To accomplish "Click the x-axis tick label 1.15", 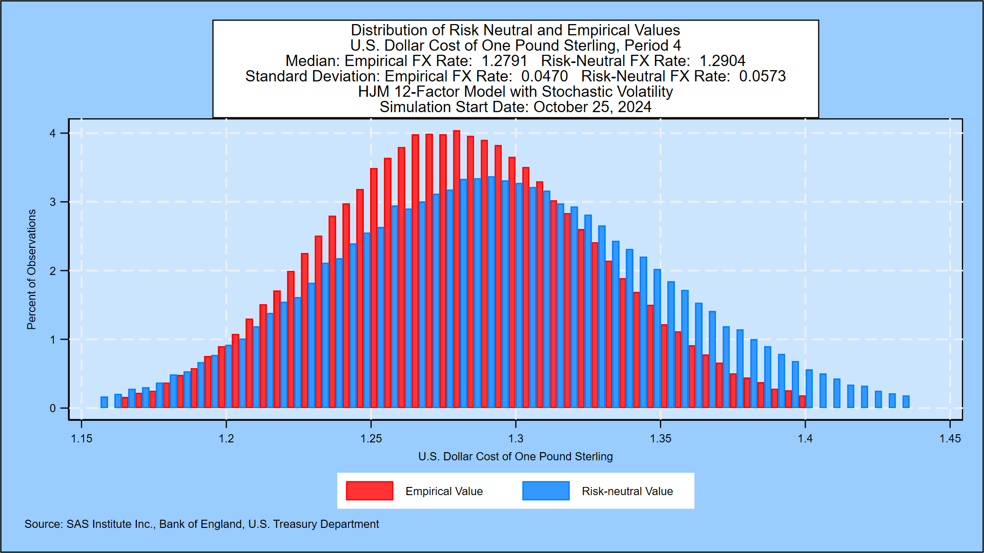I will [x=81, y=439].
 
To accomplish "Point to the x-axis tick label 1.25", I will [x=371, y=439].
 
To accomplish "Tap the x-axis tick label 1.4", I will [x=805, y=439].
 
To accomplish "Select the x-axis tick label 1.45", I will [x=950, y=439].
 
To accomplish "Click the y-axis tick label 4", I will [x=53, y=134].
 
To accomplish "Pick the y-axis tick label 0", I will [x=53, y=409].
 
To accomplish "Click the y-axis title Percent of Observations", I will [x=32, y=269].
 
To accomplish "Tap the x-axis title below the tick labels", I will [x=515, y=457].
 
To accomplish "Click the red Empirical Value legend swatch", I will [x=370, y=491].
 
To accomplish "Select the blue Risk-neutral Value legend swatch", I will [x=546, y=491].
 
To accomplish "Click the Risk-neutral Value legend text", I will [x=627, y=492].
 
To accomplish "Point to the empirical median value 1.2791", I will [x=504, y=61].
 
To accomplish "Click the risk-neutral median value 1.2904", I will [x=722, y=61].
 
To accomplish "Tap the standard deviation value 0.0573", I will [x=762, y=76].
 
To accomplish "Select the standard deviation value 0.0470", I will [x=544, y=76].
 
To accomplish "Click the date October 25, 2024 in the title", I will [x=592, y=107].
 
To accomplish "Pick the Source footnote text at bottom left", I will [x=201, y=524].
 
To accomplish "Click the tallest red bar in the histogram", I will [x=457, y=269].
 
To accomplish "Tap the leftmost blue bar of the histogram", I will [x=104, y=402].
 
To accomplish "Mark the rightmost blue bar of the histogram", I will [x=906, y=402].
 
